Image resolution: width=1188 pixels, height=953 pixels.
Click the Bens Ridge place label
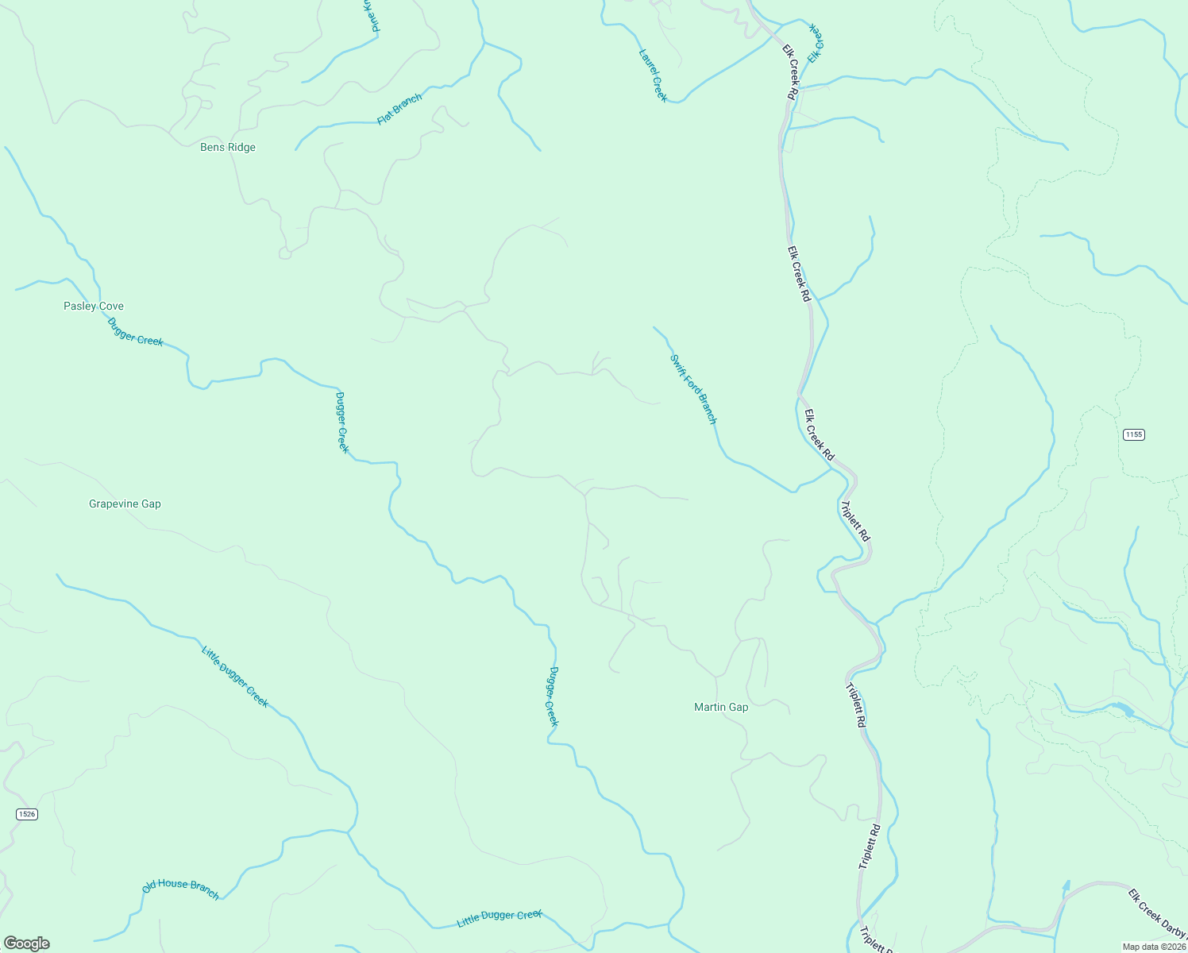tap(228, 147)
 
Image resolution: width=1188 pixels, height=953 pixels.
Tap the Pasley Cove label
tap(94, 306)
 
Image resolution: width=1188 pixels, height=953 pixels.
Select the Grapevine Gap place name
tap(125, 504)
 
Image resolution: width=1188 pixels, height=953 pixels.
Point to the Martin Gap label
tap(721, 707)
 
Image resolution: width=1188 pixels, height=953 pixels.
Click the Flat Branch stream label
tap(399, 109)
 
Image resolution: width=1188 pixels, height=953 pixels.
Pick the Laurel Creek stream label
tap(653, 75)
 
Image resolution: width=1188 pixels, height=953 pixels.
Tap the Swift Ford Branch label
tap(693, 389)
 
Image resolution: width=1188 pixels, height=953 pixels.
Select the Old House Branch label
tap(180, 889)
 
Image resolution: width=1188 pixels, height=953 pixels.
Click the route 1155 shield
tap(1133, 434)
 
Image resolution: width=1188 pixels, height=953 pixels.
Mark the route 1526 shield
tap(26, 814)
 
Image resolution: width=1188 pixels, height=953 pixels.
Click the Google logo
tap(26, 943)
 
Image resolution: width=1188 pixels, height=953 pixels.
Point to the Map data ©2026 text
tap(1153, 947)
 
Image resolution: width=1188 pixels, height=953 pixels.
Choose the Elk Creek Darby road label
tap(1157, 917)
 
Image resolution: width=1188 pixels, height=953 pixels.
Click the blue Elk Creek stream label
tap(816, 44)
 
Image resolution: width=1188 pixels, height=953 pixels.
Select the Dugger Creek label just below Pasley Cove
tap(135, 331)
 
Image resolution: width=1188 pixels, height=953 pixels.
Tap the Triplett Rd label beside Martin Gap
tap(855, 706)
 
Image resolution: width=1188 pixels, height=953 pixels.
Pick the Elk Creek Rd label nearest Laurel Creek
tap(791, 71)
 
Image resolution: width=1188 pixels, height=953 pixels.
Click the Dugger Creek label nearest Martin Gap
tap(553, 696)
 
